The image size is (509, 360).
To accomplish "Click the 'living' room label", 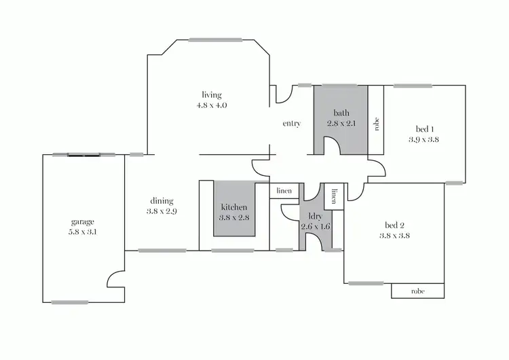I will coord(212,95).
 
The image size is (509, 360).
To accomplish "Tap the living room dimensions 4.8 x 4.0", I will coord(212,106).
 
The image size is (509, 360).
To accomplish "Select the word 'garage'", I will coord(83,221).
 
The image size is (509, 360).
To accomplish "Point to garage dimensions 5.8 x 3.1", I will coord(83,232).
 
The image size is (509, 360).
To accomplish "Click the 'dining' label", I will coord(162,201).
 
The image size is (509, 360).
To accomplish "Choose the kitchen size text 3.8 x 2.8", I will coord(233,217).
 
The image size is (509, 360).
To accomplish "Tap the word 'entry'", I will coord(292,124).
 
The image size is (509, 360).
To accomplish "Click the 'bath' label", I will coord(341,113).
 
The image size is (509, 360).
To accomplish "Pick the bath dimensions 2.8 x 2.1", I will coord(341,123).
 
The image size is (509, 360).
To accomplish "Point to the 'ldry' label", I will coord(315,217).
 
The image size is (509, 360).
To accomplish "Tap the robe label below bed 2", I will coord(418,291).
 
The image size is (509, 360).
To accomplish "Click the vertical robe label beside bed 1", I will coord(376,124).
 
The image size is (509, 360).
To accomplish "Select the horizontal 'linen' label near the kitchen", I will coord(284,191).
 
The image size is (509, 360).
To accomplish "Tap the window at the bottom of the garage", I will coord(70,302).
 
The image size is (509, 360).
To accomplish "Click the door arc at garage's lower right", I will coord(116,278).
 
